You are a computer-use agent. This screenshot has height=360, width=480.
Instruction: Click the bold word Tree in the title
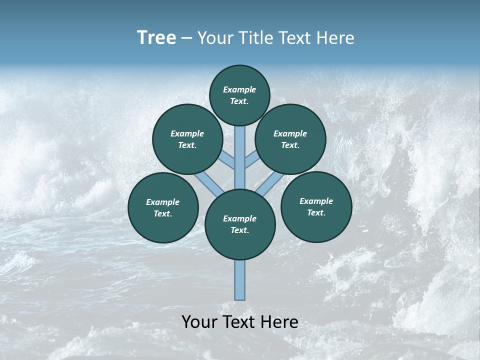coord(156,38)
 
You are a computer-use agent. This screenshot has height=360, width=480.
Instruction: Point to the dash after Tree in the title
coord(187,38)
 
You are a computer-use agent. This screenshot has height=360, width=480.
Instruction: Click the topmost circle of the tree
coord(239,95)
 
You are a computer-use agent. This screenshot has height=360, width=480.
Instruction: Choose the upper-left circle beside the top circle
coord(187,139)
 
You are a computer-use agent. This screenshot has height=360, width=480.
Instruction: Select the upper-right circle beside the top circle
coord(290,139)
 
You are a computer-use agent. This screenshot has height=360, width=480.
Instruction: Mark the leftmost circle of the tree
coord(163,207)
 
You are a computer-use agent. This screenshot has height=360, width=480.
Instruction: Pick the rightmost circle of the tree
coord(316,206)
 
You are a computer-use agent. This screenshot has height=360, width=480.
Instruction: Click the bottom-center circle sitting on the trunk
coord(240,224)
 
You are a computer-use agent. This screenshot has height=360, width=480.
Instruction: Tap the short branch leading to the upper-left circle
coord(228,161)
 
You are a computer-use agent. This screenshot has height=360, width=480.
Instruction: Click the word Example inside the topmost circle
coord(239,90)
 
